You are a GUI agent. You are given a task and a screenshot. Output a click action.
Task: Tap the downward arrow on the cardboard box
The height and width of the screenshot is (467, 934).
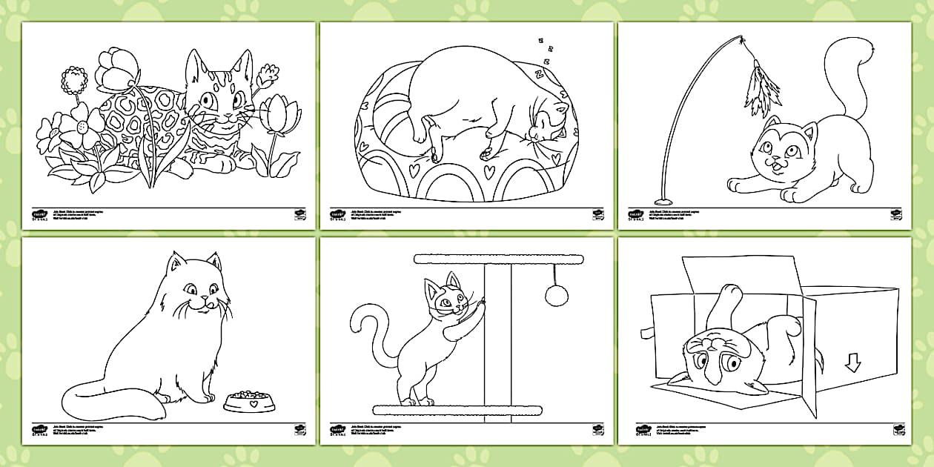tap(852, 362)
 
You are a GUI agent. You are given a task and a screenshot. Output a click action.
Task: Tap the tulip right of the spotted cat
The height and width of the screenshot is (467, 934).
tap(279, 113)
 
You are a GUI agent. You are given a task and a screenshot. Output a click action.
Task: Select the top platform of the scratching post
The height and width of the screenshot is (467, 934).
tap(498, 259)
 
